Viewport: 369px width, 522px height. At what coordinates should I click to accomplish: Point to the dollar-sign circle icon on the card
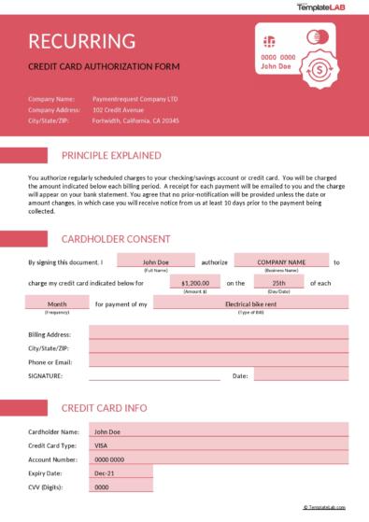[322, 68]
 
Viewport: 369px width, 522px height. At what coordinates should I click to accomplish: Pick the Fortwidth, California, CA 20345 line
[135, 120]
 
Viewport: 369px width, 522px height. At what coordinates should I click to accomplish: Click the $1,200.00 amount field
[195, 282]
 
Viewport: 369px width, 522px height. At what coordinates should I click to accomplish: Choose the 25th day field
[278, 282]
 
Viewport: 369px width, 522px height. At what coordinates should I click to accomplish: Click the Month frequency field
[57, 304]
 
